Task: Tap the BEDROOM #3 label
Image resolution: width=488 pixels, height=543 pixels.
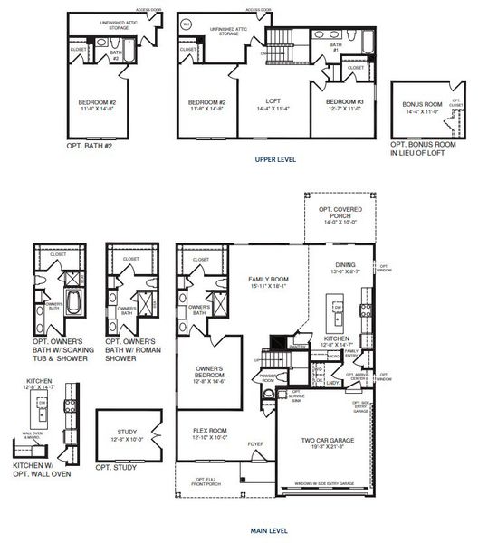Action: [346, 101]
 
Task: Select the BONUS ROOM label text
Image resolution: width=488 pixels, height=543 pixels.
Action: [419, 104]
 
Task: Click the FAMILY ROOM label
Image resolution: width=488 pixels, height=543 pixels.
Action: [268, 280]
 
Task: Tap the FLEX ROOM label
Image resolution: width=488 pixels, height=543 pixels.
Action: [209, 431]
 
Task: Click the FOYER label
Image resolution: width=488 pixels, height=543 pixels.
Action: [256, 443]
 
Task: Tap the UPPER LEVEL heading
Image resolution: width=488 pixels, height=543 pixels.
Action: [275, 159]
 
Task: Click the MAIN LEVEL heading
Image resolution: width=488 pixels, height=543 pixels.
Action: [268, 531]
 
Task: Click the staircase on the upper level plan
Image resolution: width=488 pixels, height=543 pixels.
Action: [282, 41]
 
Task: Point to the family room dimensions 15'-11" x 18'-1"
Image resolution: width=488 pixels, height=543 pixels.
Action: [268, 287]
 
